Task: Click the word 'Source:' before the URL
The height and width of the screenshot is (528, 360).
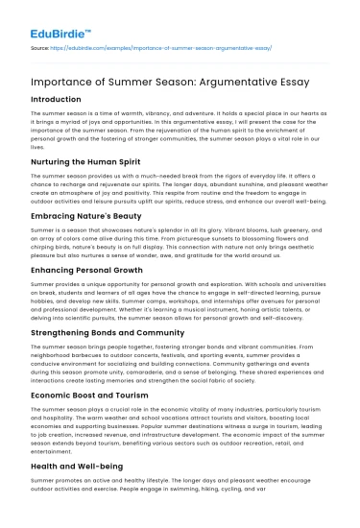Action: click(x=41, y=45)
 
